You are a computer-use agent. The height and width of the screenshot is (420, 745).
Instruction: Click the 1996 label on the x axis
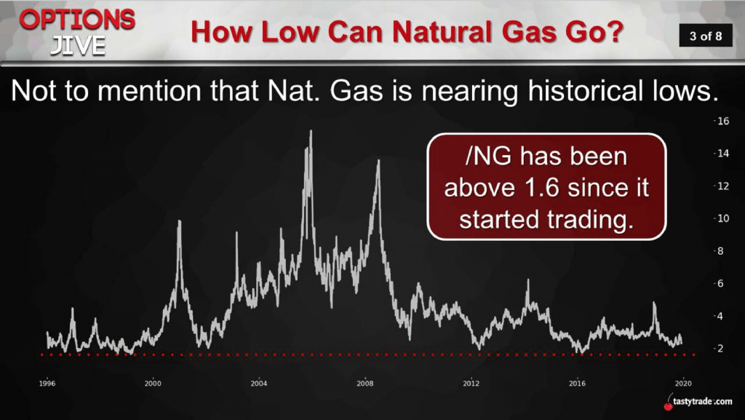coord(47,384)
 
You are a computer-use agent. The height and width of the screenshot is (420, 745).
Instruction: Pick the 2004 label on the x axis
coord(259,384)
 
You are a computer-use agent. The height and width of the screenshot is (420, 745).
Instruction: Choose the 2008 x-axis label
coord(365,384)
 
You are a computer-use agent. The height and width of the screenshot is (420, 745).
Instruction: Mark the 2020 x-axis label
coord(683,384)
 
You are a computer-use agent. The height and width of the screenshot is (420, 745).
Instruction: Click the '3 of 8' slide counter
coord(706,36)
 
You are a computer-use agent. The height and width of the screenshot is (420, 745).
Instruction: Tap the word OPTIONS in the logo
coord(77,20)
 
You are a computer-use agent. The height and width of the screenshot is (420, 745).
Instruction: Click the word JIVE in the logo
coord(78,46)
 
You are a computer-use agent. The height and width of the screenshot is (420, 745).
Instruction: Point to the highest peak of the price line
coord(311,131)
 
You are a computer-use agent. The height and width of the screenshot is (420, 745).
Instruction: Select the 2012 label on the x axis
coord(471,384)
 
